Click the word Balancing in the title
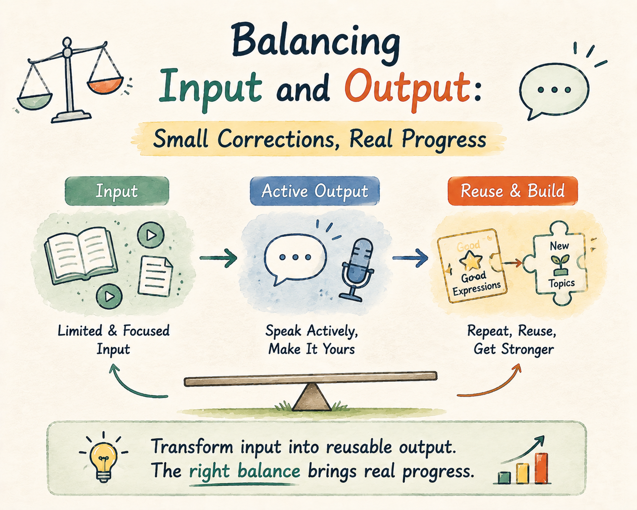coord(316,45)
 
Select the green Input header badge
coord(117,191)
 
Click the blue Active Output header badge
coord(315,191)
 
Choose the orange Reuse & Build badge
coord(513,191)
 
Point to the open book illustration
coord(81,255)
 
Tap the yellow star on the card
coord(470,260)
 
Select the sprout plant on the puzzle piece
coord(560,264)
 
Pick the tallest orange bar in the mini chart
coord(542,468)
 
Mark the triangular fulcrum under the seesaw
coord(311,397)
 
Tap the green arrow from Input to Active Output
coord(219,258)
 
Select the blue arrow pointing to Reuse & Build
coord(410,258)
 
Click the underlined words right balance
coord(244,471)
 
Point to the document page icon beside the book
coord(155,276)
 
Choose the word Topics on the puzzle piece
coord(562,284)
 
